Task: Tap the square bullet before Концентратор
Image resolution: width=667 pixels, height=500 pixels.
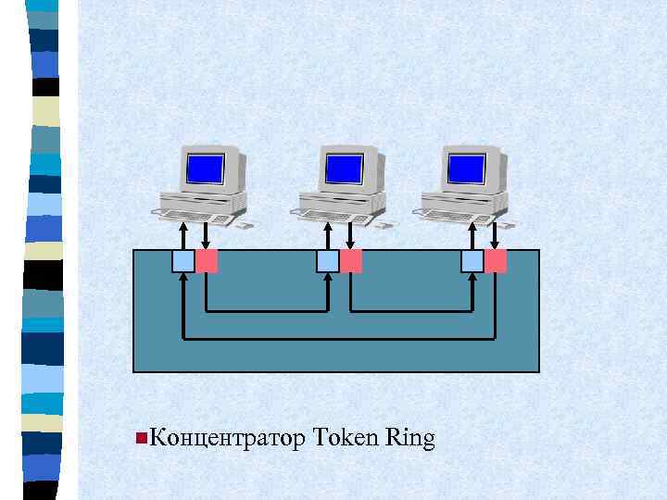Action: pos(139,436)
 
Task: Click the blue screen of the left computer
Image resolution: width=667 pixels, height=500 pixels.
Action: pos(206,168)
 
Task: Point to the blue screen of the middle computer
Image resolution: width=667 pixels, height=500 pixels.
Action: pos(344,168)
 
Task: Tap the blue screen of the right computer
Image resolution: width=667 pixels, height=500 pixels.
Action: pos(466,168)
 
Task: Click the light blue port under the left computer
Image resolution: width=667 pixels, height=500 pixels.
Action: pos(183,261)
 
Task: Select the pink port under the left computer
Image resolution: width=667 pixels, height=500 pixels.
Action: pos(207,261)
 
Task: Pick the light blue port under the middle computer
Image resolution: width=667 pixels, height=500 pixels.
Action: pos(328,261)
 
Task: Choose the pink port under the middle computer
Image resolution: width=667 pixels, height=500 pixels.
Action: pos(351,261)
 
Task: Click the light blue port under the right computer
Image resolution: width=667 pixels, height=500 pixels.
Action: pos(472,261)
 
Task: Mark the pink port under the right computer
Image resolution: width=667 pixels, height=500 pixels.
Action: pos(496,261)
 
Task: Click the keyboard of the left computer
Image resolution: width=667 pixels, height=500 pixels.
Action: pos(194,217)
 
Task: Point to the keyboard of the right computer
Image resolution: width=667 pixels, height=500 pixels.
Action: pos(456,217)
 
